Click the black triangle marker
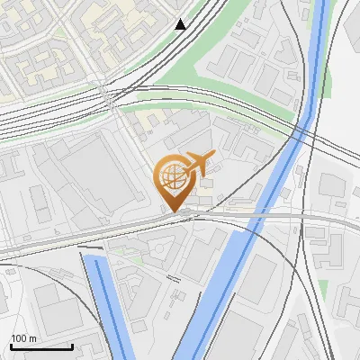(181, 24)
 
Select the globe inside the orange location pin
(170, 178)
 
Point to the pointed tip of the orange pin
(172, 212)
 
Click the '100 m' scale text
(23, 338)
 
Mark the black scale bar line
(41, 346)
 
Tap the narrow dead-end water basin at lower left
(104, 301)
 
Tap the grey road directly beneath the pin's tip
(172, 219)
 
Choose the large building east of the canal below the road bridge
(261, 279)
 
